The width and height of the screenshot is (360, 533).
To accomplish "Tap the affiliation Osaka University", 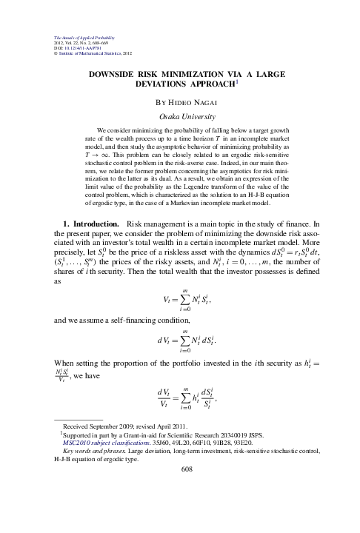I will point(179,116).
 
